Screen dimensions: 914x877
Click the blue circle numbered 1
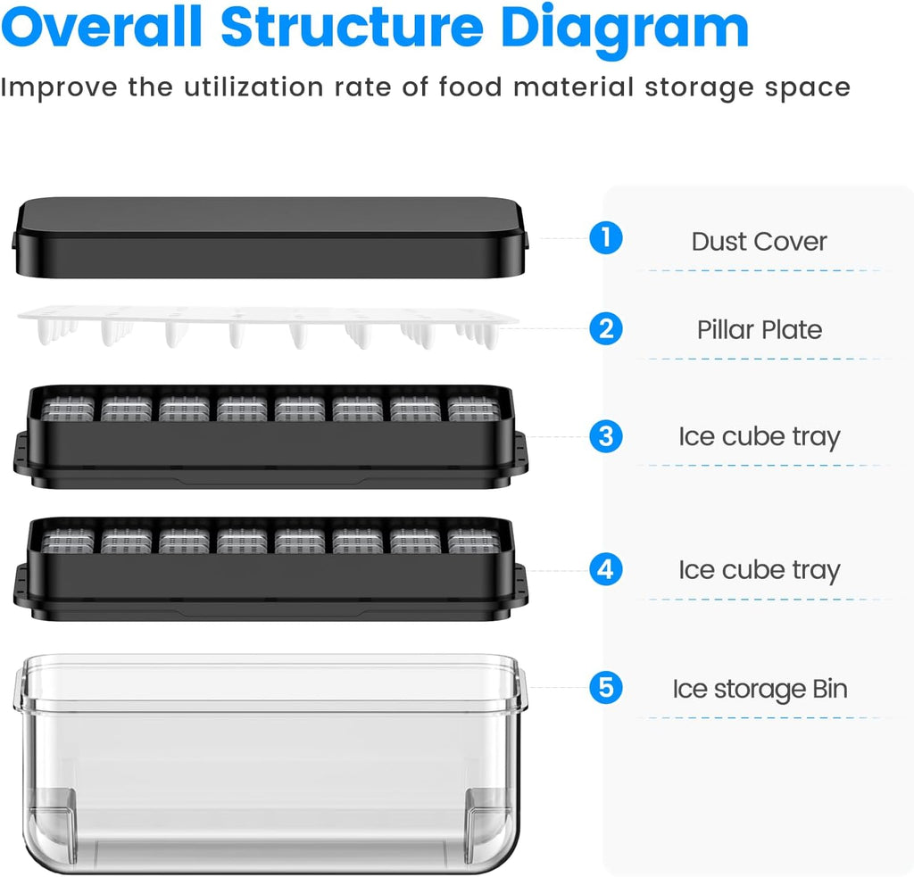pyautogui.click(x=606, y=237)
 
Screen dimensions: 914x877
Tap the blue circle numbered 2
pyautogui.click(x=606, y=328)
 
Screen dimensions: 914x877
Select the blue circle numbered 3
pyautogui.click(x=606, y=436)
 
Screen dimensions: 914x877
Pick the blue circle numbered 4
pyautogui.click(x=606, y=569)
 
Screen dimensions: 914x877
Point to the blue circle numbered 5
pyautogui.click(x=606, y=688)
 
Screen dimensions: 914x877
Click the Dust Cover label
pyautogui.click(x=759, y=241)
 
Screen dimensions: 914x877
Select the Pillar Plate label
pyautogui.click(x=760, y=330)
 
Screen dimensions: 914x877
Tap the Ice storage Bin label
pyautogui.click(x=760, y=690)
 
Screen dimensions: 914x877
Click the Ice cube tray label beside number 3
pyautogui.click(x=760, y=437)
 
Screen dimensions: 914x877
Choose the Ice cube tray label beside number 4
pyautogui.click(x=760, y=570)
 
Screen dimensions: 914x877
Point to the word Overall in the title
pyautogui.click(x=102, y=26)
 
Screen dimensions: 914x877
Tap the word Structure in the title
pyautogui.click(x=352, y=28)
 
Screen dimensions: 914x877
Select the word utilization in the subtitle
pyautogui.click(x=253, y=87)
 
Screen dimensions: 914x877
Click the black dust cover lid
pyautogui.click(x=270, y=237)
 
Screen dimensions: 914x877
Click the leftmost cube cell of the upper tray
pyautogui.click(x=68, y=409)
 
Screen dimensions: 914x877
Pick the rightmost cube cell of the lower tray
pyautogui.click(x=474, y=541)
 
